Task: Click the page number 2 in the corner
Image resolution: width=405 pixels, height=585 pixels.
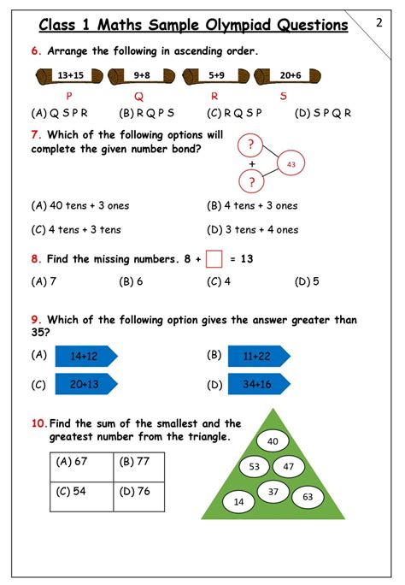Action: click(379, 23)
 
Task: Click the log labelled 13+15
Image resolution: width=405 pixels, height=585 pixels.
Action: click(70, 75)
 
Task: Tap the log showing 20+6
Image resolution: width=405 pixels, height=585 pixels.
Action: click(290, 75)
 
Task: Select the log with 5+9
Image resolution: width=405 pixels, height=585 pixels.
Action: click(215, 75)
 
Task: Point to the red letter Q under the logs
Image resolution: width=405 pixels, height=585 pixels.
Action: click(138, 95)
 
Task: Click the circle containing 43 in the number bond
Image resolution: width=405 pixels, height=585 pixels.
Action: click(291, 163)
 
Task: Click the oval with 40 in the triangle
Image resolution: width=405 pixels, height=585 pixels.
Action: click(273, 441)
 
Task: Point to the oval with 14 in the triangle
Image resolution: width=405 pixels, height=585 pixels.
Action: click(238, 501)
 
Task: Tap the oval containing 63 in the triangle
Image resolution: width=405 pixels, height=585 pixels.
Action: click(308, 496)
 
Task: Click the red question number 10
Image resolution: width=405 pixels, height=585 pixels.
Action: click(38, 423)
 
